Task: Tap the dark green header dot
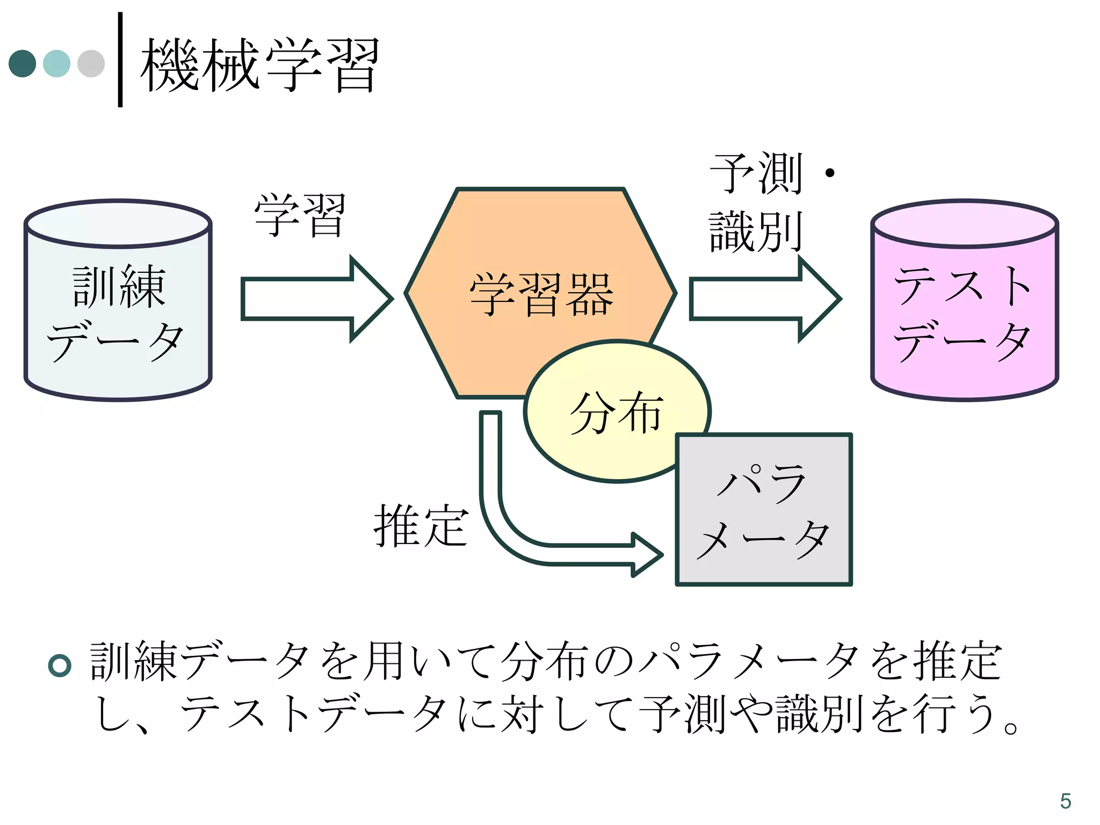23,63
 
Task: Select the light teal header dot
56,63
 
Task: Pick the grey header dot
91,63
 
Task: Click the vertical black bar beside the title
120,59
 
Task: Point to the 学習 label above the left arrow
299,215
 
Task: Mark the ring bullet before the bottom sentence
60,665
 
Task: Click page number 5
1066,801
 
